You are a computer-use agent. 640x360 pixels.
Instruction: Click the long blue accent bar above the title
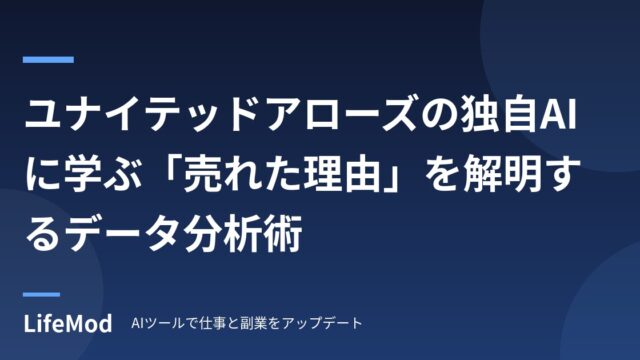(x=48, y=60)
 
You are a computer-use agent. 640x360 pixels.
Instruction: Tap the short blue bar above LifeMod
(x=41, y=294)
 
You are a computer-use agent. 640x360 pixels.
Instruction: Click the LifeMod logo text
(x=67, y=323)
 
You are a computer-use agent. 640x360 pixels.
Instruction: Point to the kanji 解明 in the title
(x=499, y=175)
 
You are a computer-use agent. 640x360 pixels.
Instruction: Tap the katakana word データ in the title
(x=122, y=234)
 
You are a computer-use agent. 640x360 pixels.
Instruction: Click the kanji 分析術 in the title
(x=242, y=234)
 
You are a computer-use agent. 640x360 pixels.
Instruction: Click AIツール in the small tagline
(x=158, y=323)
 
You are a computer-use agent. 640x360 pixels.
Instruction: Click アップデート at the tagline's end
(x=322, y=323)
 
